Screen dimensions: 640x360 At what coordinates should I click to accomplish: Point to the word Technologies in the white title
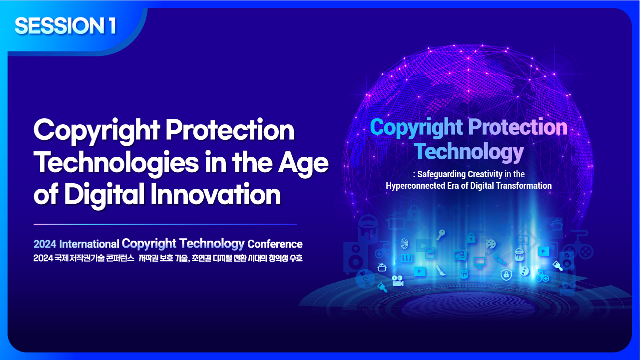click(116, 162)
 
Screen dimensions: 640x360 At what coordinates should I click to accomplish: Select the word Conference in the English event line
click(275, 244)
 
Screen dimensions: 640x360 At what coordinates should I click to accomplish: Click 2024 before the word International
click(45, 244)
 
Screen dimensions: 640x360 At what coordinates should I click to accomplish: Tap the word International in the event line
click(89, 244)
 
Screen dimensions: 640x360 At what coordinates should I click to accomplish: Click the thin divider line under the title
click(165, 224)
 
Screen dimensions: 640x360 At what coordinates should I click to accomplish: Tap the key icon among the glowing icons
click(441, 235)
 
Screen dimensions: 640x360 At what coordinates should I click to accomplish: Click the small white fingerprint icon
click(404, 244)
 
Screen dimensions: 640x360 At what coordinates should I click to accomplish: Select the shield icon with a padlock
click(506, 275)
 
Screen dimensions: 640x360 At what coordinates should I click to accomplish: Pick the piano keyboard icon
click(407, 258)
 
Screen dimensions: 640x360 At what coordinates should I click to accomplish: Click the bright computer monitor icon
click(479, 262)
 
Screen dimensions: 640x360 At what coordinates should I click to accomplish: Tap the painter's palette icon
click(491, 244)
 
